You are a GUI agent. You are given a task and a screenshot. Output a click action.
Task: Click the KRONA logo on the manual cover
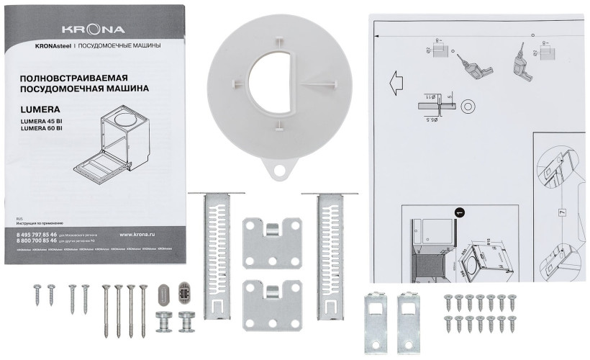point(93,30)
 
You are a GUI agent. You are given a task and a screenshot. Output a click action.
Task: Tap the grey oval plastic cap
point(163,295)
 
